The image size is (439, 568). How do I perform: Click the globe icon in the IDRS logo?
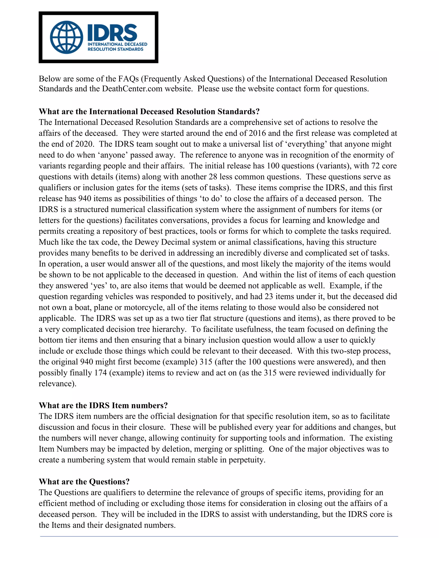67,37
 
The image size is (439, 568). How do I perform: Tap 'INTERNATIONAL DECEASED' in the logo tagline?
117,44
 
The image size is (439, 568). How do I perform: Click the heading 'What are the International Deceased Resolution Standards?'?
149,112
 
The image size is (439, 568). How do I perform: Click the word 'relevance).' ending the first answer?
57,384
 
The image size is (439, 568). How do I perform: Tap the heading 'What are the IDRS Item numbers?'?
103,406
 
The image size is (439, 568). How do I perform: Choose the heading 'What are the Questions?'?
84,482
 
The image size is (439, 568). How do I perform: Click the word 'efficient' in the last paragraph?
53,503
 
